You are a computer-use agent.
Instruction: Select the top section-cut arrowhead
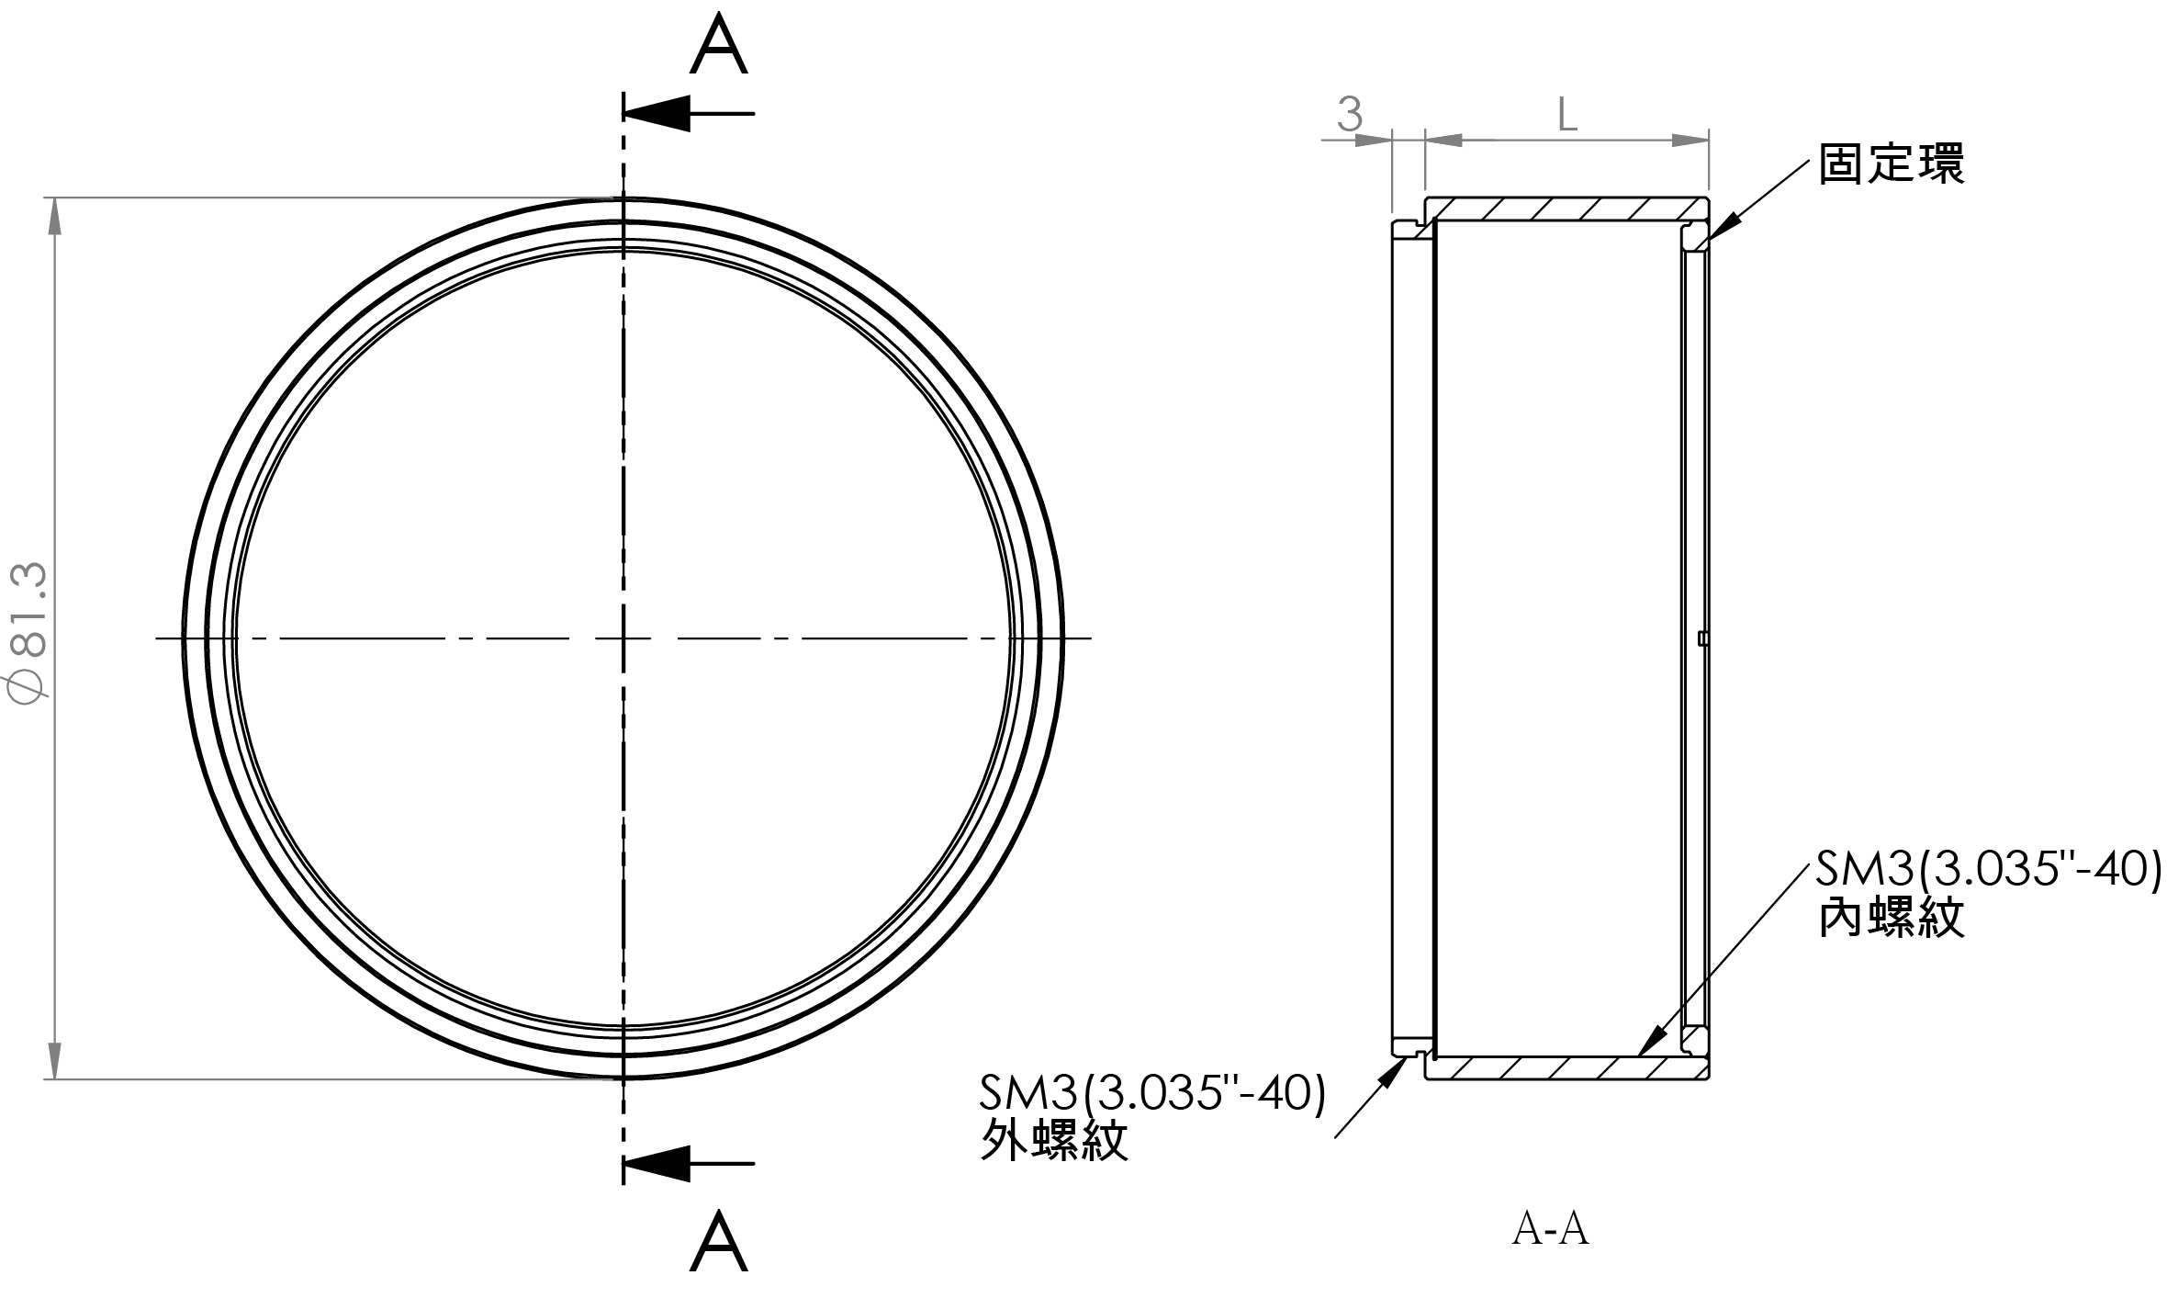click(x=657, y=113)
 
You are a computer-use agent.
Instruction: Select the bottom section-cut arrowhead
click(x=657, y=1163)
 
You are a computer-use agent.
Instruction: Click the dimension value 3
click(x=1350, y=114)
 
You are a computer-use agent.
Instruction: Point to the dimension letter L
click(x=1567, y=115)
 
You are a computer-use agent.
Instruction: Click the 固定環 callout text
click(x=1892, y=164)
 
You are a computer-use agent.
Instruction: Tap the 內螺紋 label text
click(x=1892, y=916)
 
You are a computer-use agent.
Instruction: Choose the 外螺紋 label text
click(x=1054, y=1140)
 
